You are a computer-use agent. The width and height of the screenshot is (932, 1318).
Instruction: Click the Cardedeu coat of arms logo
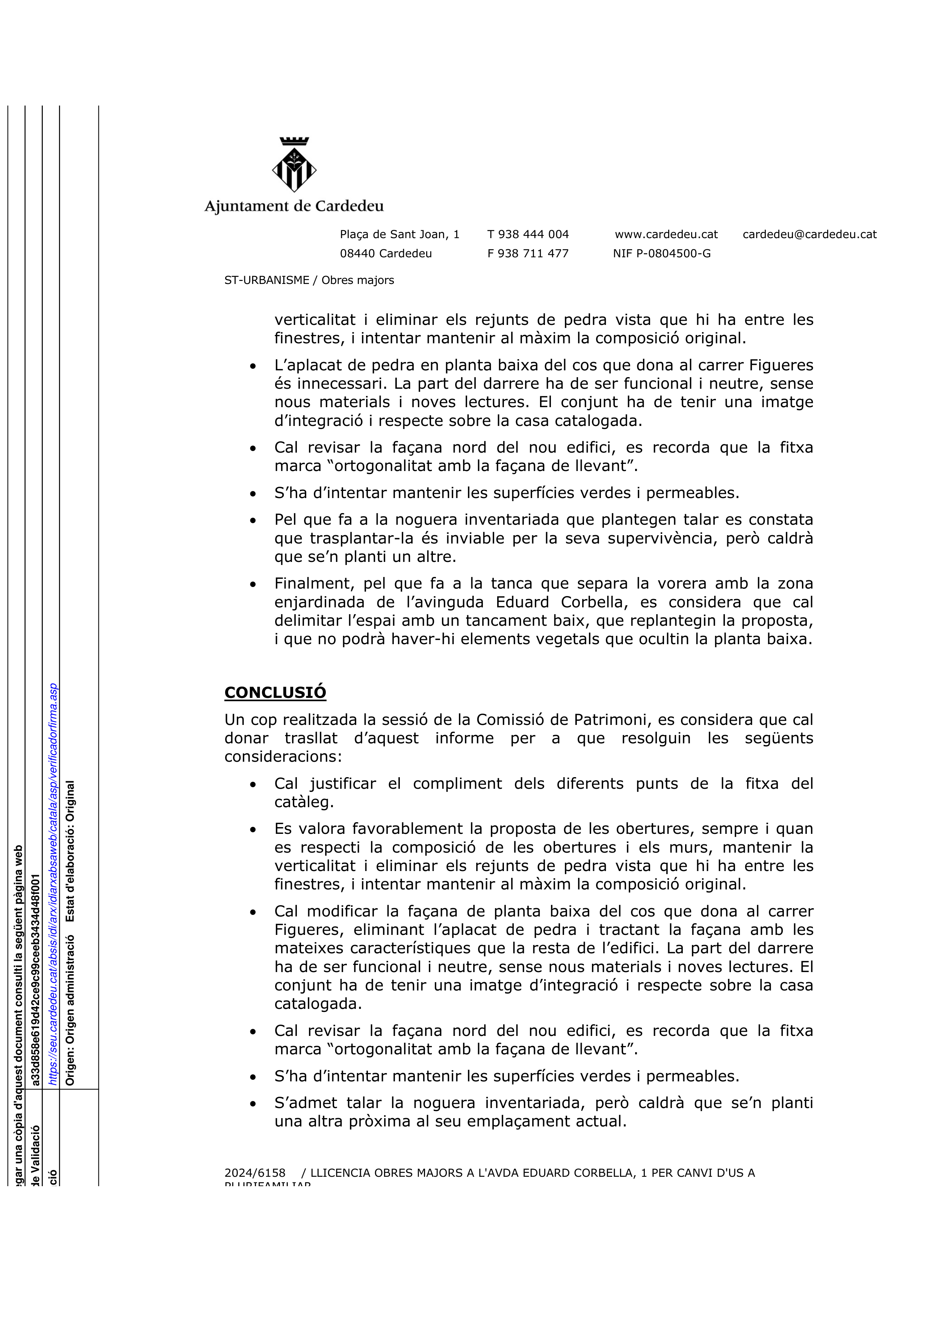(294, 165)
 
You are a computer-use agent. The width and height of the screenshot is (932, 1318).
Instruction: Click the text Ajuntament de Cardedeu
(294, 206)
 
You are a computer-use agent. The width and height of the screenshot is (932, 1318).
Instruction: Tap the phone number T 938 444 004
(528, 234)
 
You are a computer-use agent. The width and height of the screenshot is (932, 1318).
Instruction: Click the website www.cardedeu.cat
(666, 234)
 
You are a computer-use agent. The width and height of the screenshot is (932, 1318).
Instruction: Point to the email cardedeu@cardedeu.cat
(810, 234)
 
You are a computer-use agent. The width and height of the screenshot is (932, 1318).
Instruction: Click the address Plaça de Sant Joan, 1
(400, 234)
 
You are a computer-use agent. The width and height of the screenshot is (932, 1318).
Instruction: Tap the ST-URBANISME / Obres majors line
(309, 280)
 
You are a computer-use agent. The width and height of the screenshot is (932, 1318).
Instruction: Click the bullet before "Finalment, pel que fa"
(253, 585)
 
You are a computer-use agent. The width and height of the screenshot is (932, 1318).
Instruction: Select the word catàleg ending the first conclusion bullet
(304, 802)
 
